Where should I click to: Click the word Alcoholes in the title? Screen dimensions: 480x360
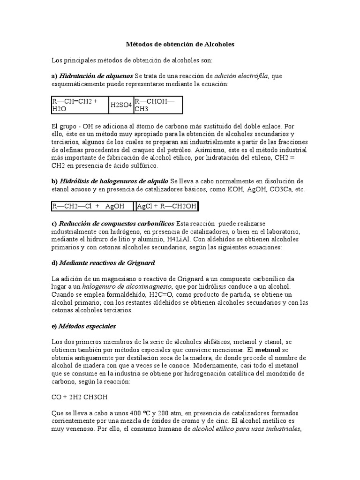pyautogui.click(x=218, y=44)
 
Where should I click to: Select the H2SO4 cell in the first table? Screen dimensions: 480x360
pyautogui.click(x=121, y=105)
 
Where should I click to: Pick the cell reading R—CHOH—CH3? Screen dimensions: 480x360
pyautogui.click(x=158, y=105)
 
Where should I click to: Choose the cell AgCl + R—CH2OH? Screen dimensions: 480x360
pyautogui.click(x=166, y=206)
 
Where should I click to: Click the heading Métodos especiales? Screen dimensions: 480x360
pyautogui.click(x=87, y=325)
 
